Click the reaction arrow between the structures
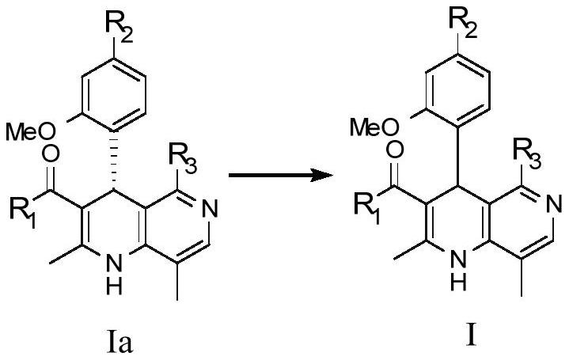280,176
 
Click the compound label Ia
120,341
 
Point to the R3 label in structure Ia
184,159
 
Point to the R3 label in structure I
527,154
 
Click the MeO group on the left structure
31,132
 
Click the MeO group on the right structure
375,127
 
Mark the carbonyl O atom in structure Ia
50,153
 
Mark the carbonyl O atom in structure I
394,149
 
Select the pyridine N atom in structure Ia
210,210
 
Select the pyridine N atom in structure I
553,205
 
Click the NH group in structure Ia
114,276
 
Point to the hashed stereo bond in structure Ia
114,161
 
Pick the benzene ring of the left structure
114,94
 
